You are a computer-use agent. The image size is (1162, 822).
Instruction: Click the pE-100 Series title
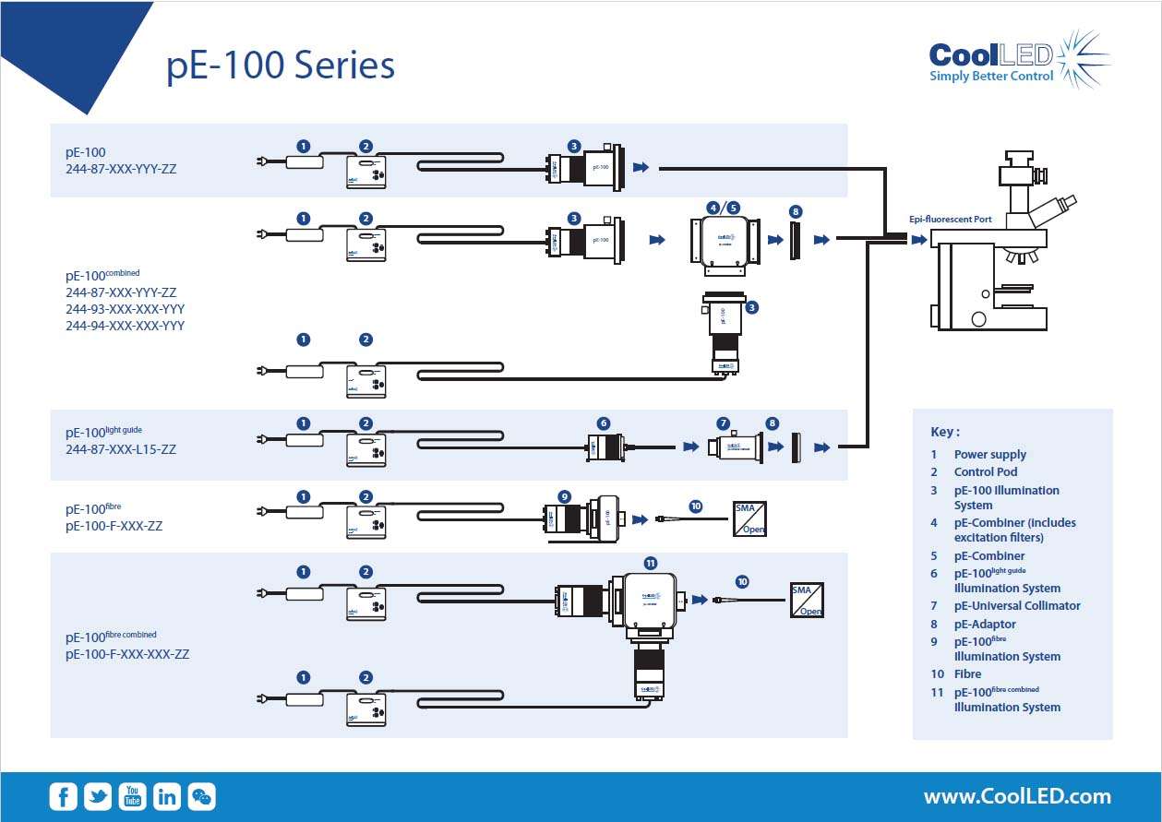pyautogui.click(x=281, y=66)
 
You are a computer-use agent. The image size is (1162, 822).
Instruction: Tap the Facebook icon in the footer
pyautogui.click(x=63, y=796)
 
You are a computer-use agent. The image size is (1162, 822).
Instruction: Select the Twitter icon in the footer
pyautogui.click(x=98, y=796)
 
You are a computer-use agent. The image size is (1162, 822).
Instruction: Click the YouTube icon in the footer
pyautogui.click(x=133, y=796)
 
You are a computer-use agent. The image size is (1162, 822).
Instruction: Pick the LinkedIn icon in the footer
pyautogui.click(x=167, y=796)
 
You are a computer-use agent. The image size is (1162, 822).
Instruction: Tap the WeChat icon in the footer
pyautogui.click(x=201, y=796)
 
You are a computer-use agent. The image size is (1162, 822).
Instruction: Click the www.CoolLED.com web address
pyautogui.click(x=1017, y=796)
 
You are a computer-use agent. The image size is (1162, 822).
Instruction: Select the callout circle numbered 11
pyautogui.click(x=650, y=562)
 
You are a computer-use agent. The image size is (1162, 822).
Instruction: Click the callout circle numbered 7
pyautogui.click(x=723, y=423)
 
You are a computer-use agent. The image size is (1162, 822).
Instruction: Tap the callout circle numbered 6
pyautogui.click(x=604, y=423)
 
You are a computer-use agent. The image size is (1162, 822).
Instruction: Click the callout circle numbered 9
pyautogui.click(x=565, y=495)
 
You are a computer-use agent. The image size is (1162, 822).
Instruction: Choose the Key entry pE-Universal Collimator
pyautogui.click(x=1016, y=606)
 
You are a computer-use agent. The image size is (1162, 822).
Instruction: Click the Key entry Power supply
pyautogui.click(x=989, y=455)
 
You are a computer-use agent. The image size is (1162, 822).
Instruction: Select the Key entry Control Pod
pyautogui.click(x=985, y=472)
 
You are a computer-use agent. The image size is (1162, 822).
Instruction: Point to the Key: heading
pyautogui.click(x=945, y=432)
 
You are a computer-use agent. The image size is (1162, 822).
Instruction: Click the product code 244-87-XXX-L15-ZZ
pyautogui.click(x=121, y=450)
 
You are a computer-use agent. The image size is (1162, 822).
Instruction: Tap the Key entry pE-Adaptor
pyautogui.click(x=984, y=625)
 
